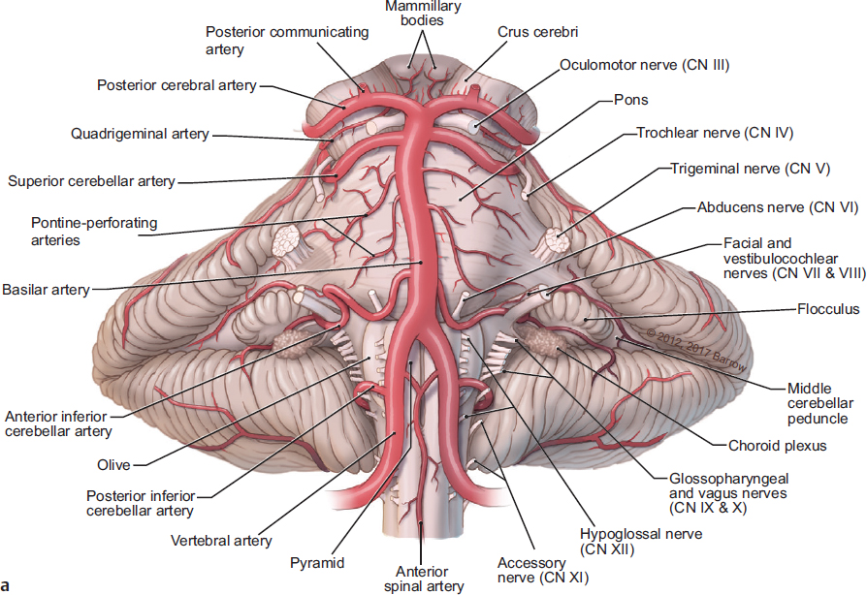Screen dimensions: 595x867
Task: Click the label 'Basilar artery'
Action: point(46,289)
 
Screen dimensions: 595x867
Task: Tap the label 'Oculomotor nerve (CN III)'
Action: point(644,66)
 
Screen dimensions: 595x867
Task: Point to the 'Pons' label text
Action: point(630,100)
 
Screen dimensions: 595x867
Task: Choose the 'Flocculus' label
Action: point(827,312)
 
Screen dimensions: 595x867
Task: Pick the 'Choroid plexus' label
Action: point(777,447)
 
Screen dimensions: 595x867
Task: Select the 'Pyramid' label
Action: point(315,561)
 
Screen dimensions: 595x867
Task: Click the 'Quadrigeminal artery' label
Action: point(140,135)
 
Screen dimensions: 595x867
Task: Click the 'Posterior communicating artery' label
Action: point(287,41)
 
